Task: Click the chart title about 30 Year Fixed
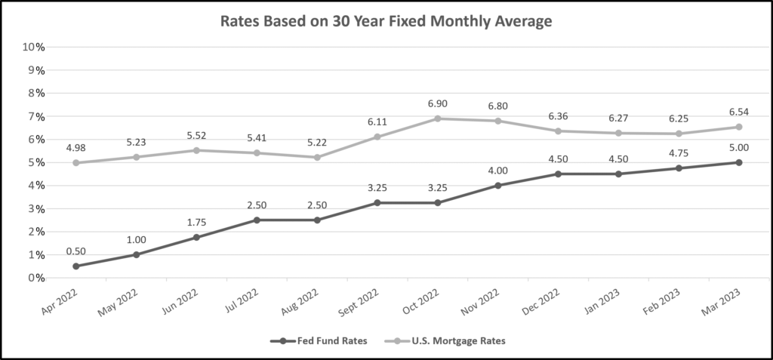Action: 386,21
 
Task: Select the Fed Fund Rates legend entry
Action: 319,340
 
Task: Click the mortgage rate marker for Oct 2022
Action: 437,118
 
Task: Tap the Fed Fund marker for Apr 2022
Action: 76,266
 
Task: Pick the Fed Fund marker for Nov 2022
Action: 497,186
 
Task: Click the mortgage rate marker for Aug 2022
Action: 317,157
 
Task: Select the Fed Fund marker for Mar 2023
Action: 738,162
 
